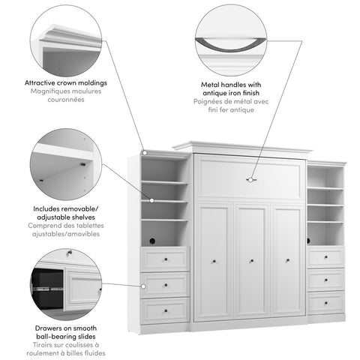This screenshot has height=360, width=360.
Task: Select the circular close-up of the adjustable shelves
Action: (x=65, y=164)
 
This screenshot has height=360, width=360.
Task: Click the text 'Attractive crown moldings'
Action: (x=65, y=82)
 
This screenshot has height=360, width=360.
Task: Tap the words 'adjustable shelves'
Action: (x=65, y=217)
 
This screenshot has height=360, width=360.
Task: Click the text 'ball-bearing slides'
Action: (x=65, y=335)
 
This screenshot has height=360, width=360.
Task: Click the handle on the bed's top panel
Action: (x=250, y=180)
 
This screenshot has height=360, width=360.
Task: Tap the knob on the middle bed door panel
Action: (x=250, y=261)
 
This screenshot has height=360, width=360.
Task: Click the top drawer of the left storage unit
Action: (x=165, y=260)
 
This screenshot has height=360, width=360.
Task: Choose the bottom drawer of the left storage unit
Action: (x=165, y=309)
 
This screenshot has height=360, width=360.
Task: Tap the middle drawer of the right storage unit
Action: (x=325, y=280)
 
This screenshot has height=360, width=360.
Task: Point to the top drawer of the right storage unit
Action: (x=325, y=257)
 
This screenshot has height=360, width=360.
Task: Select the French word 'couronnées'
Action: (x=65, y=100)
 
